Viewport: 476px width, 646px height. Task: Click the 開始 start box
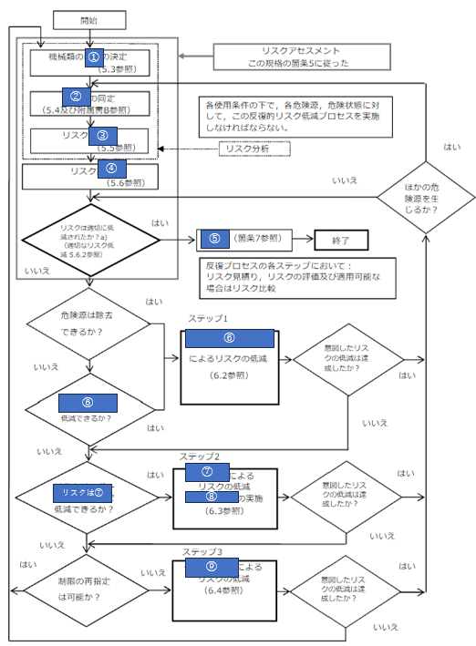[x=89, y=19]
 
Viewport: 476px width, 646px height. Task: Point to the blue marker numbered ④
[x=111, y=169]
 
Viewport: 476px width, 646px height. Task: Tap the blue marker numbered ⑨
[x=212, y=567]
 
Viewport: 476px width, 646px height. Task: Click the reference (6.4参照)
[x=223, y=591]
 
